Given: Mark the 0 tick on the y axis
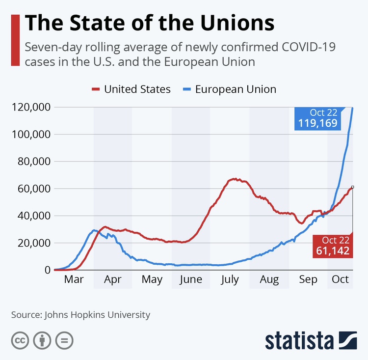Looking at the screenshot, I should (48, 270).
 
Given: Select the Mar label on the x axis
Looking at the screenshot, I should (74, 280).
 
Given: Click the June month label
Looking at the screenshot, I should (190, 280).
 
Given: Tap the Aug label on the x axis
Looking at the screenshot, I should (269, 280).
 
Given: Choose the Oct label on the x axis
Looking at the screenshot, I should (340, 280).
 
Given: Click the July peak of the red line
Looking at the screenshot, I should (235, 179).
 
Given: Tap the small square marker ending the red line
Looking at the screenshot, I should (352, 187).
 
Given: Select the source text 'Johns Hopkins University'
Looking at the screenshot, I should (97, 314).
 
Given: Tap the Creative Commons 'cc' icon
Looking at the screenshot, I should (19, 340).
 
